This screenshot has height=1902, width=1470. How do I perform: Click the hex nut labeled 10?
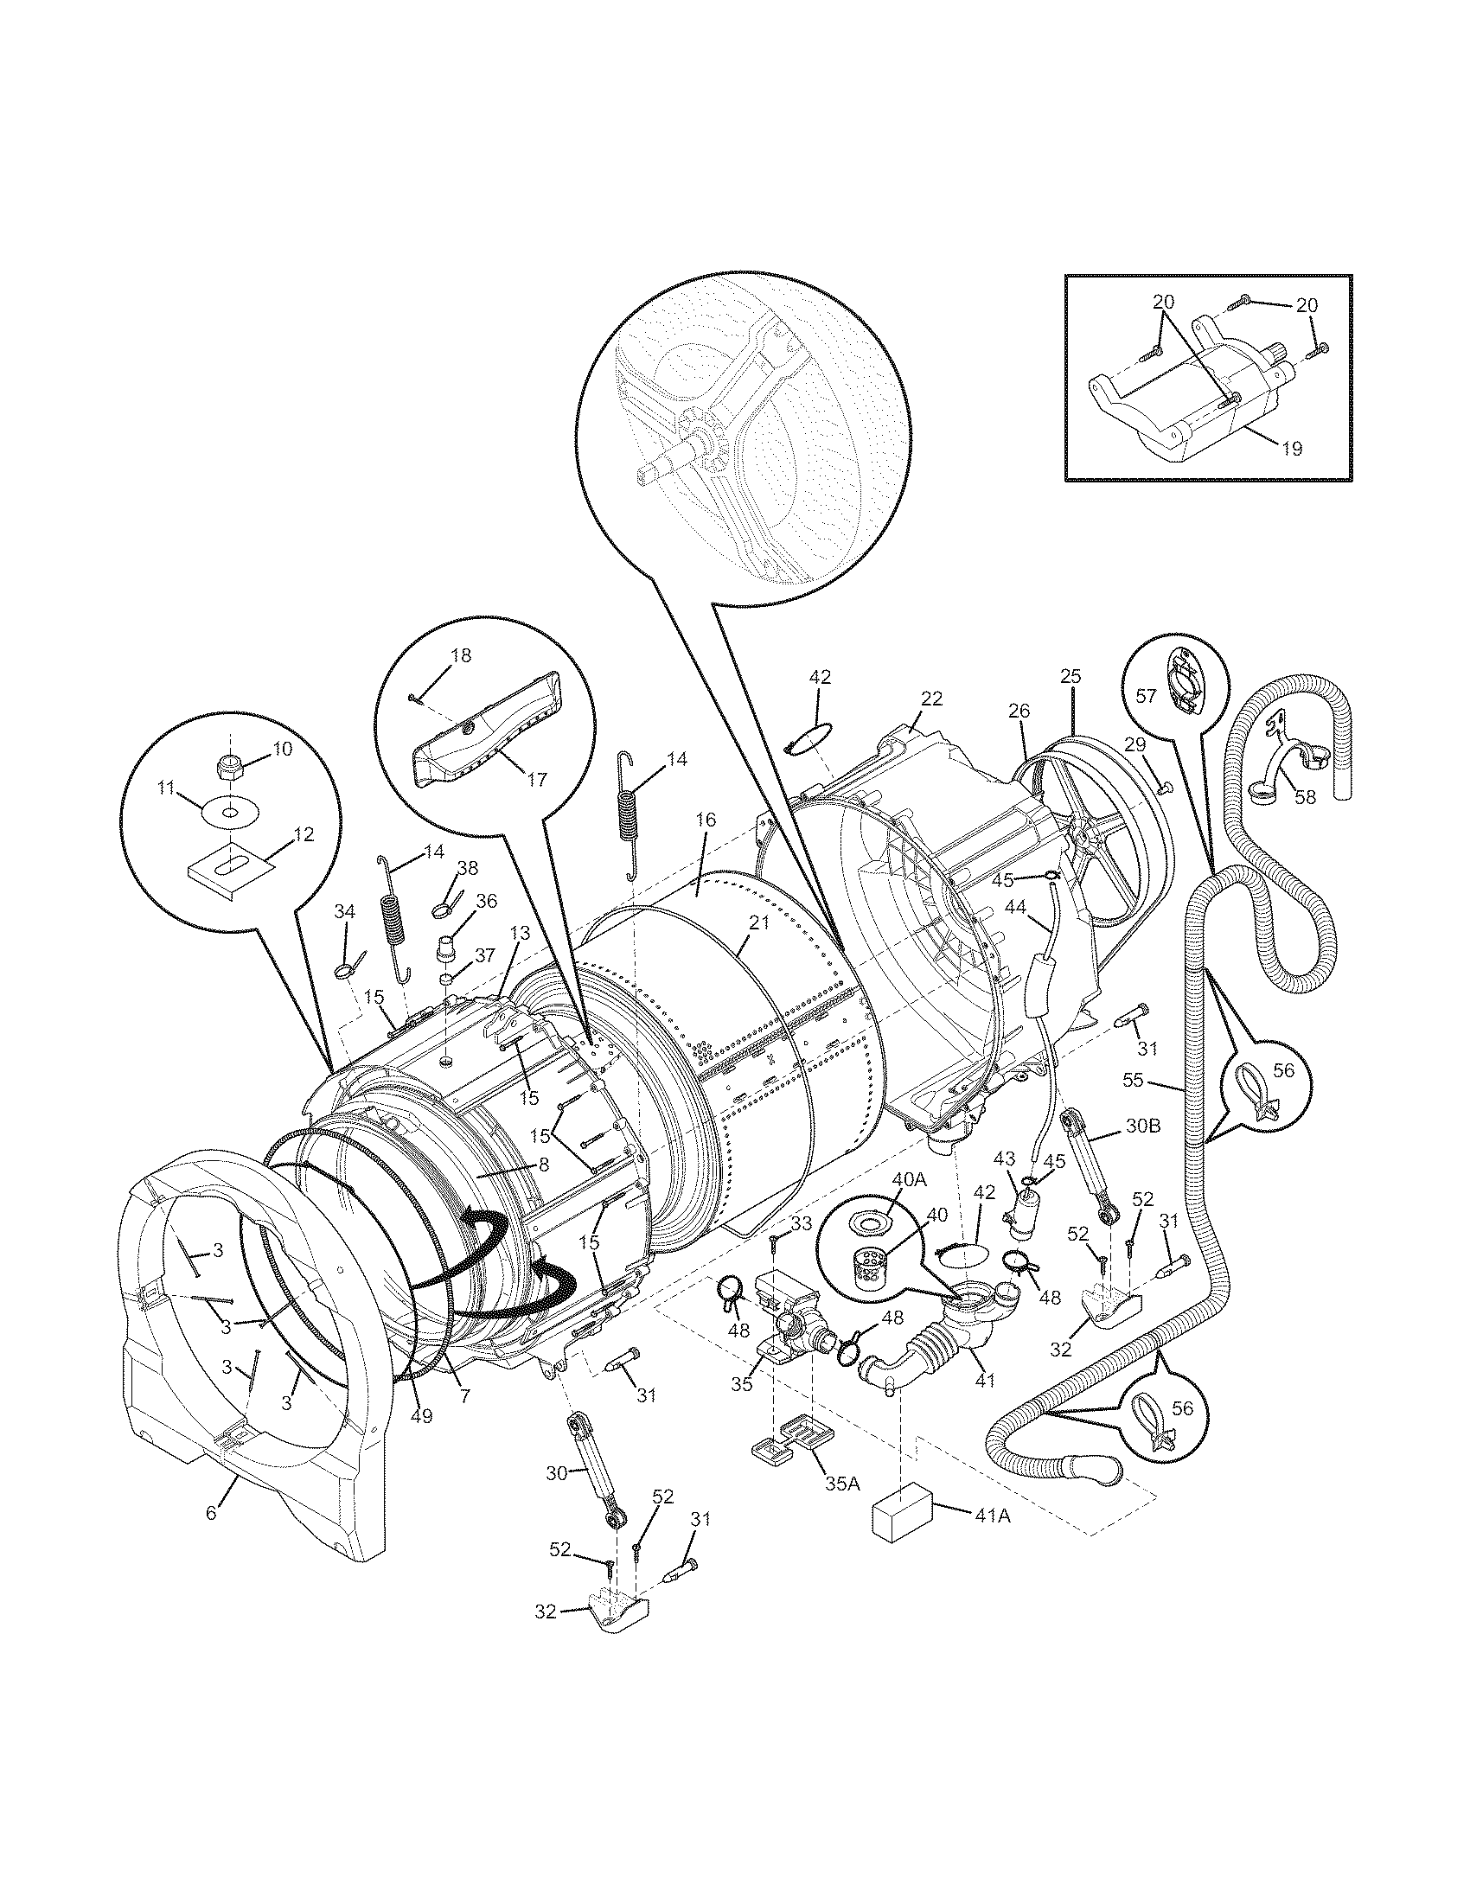tap(227, 767)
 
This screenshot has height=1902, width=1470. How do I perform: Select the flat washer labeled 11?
tap(227, 813)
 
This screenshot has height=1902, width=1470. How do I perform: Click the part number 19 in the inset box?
tap(1292, 449)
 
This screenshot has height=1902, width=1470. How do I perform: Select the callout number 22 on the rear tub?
tap(932, 698)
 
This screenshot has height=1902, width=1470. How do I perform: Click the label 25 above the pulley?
tap(1071, 675)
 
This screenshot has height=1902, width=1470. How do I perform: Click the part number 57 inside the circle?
tap(1145, 696)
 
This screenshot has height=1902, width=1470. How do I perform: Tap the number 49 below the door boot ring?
tap(421, 1416)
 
